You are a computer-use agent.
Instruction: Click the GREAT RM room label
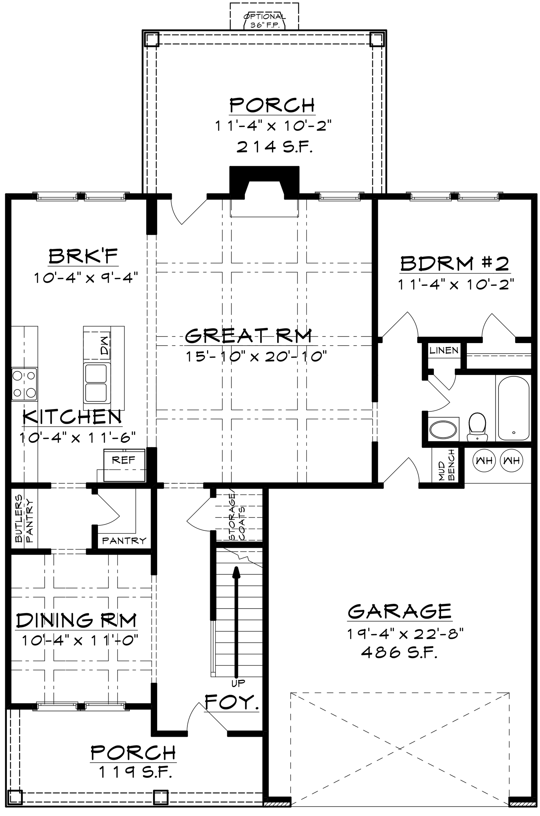tap(248, 336)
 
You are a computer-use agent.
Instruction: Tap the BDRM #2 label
tap(454, 264)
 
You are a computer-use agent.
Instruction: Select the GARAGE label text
tap(400, 611)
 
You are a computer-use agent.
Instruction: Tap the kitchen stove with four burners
tap(24, 384)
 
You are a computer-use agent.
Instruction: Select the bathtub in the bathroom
tap(513, 408)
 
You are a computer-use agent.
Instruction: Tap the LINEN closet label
tap(443, 351)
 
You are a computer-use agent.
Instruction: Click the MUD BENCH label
tap(447, 464)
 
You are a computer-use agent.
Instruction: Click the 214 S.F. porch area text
tap(274, 147)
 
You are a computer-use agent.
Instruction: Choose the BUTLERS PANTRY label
tap(24, 518)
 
